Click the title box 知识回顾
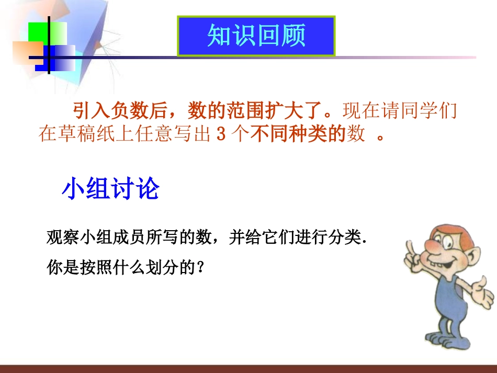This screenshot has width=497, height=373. point(256,36)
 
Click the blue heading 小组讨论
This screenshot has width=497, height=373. point(110,189)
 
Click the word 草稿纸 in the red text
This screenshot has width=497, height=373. point(89,134)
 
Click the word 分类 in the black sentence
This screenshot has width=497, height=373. point(346,238)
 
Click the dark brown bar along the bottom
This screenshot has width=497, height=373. point(249,369)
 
